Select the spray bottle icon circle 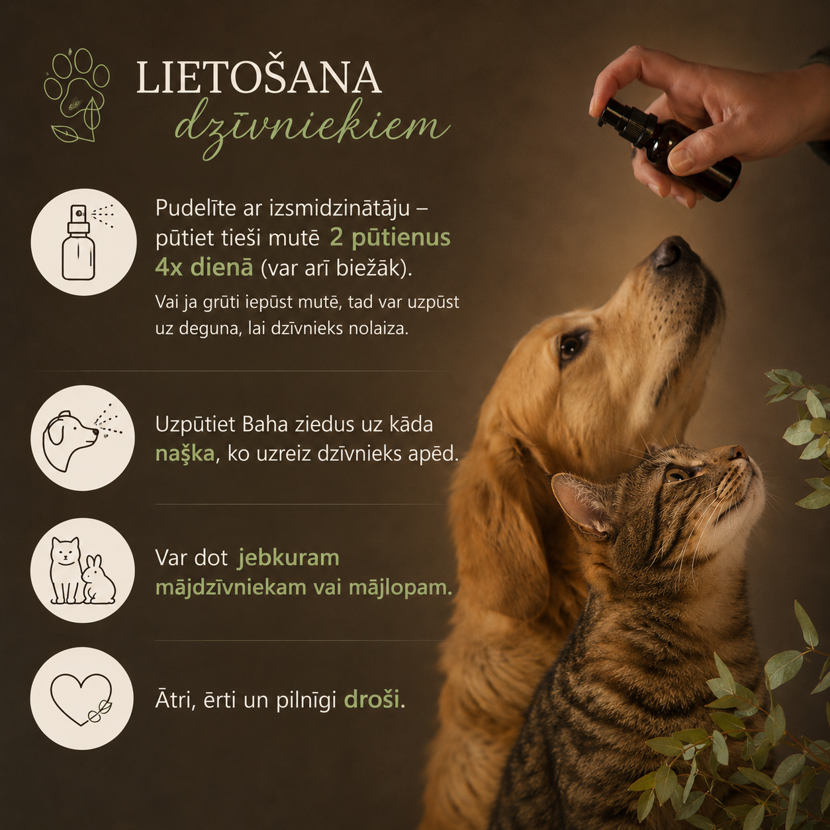pos(83,242)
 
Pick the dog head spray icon pos(83,438)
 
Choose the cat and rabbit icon pos(83,571)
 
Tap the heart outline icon pos(82,698)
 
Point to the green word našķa pos(185,455)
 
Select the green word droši pos(372,700)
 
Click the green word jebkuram pos(289,558)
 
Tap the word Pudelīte pos(195,208)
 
